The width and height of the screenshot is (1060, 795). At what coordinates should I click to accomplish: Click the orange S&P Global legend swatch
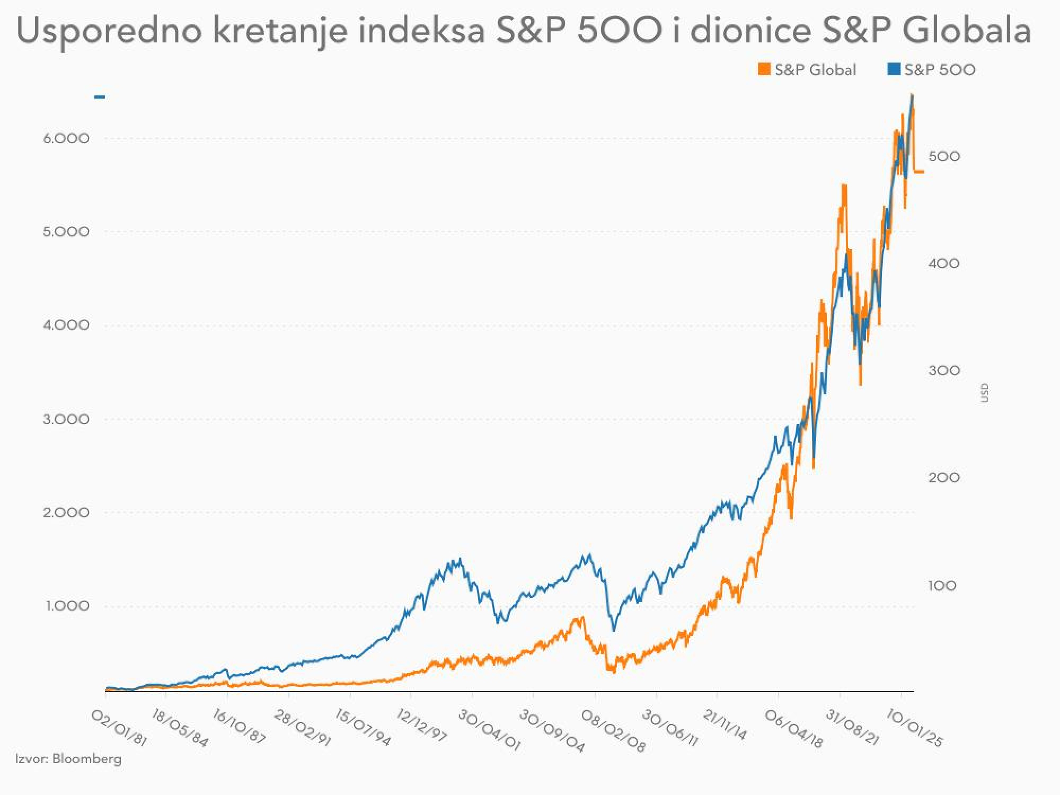(764, 69)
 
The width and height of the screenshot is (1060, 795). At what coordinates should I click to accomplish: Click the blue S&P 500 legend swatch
(894, 69)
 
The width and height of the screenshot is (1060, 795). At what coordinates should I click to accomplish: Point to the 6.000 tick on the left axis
(66, 138)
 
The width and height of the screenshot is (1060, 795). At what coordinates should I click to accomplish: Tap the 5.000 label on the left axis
(66, 232)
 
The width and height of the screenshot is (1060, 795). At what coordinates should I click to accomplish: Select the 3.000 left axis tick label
(66, 419)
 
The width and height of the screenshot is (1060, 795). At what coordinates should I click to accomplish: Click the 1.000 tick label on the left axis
(66, 606)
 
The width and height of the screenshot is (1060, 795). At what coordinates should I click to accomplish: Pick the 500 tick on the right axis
(944, 156)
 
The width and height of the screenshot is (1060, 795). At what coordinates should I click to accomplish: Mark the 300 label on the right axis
(944, 370)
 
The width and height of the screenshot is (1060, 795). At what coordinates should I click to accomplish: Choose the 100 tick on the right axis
(942, 586)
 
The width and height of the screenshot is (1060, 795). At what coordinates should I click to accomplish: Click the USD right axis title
(984, 393)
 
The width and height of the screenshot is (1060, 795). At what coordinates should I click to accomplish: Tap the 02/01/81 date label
(119, 728)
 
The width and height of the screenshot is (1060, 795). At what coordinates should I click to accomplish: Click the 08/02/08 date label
(613, 731)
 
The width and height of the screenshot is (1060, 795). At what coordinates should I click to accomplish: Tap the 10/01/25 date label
(915, 729)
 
